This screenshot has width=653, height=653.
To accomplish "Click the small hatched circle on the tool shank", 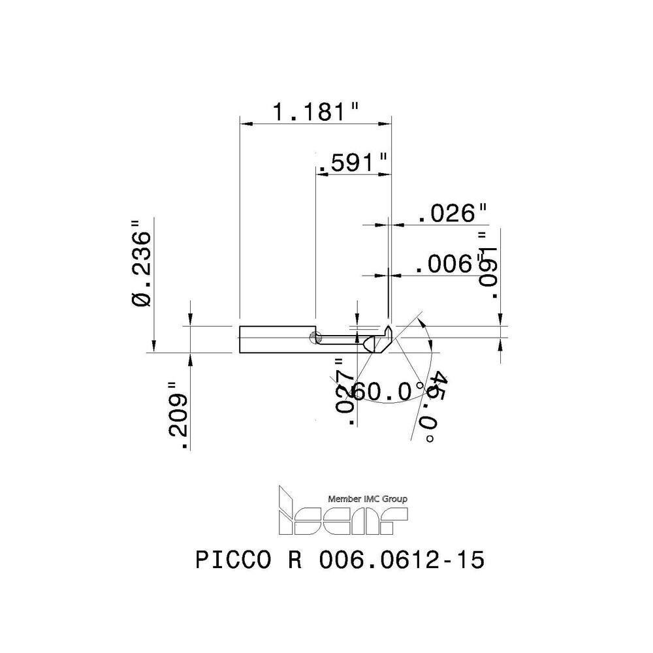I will (315, 338).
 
